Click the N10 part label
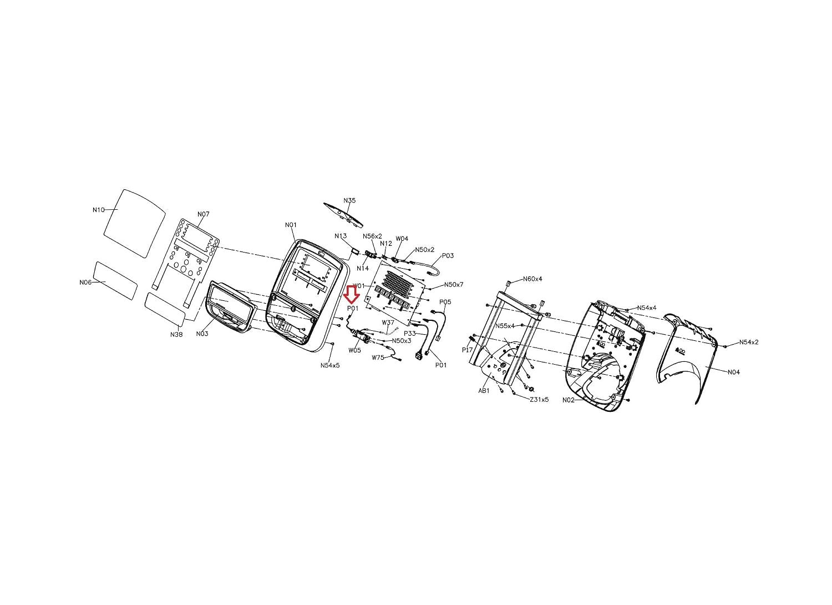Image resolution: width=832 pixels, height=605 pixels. (98, 210)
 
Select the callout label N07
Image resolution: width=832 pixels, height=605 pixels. (203, 214)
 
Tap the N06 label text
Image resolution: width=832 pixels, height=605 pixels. (85, 283)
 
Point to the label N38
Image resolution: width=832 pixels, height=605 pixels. (176, 334)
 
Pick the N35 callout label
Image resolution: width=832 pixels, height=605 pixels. (349, 200)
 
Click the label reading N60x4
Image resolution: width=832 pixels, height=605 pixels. (532, 279)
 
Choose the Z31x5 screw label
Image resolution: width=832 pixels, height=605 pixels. (539, 400)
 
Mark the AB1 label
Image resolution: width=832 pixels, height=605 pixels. (484, 391)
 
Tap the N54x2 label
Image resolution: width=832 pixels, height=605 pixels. (749, 342)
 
